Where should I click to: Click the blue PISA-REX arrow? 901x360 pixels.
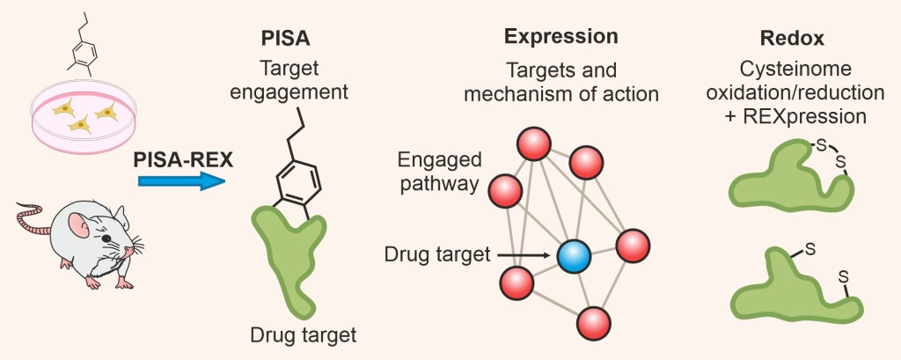(x=180, y=181)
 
